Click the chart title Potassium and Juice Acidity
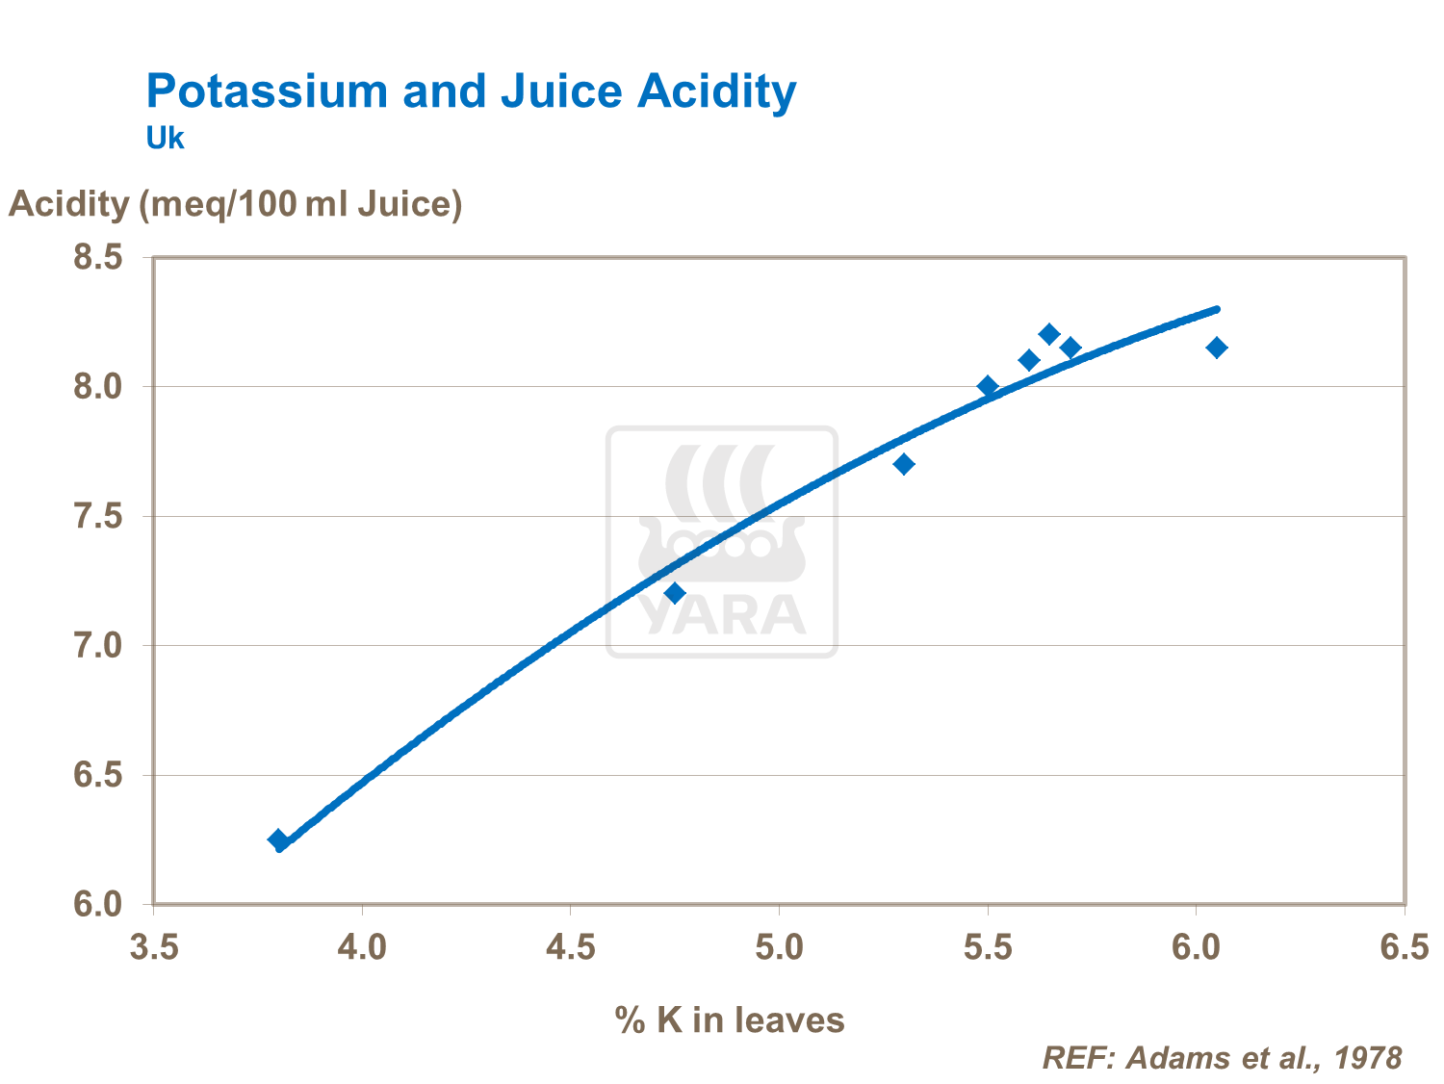471,91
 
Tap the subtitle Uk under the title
165,139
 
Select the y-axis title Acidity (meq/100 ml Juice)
236,204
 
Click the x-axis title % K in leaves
729,1019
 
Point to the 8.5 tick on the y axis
98,258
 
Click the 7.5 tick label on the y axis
98,517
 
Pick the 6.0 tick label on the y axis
98,905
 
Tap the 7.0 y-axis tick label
98,646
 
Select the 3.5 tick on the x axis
154,947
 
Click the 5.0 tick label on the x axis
779,947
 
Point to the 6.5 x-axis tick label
1405,947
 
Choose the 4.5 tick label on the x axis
571,947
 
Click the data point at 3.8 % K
278,839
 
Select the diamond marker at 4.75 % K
675,593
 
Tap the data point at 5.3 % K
904,464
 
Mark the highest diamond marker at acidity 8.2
1049,334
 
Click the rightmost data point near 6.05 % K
1217,348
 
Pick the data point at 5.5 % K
988,386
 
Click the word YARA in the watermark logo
722,616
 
